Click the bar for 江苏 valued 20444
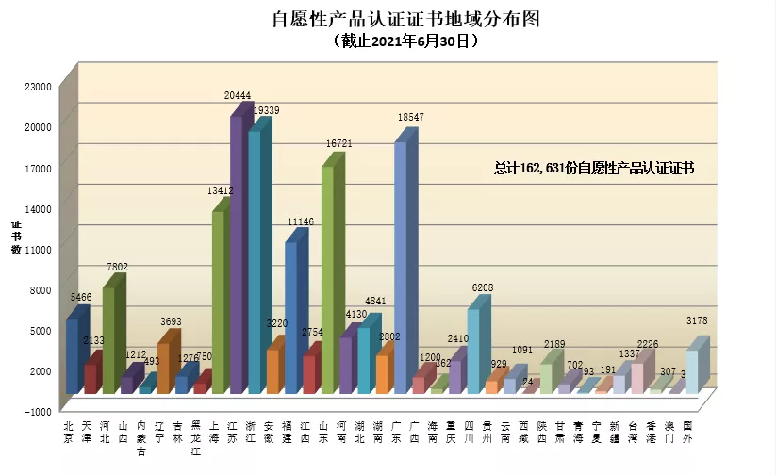237,254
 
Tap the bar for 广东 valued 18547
401,269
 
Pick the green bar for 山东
328,279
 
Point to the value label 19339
265,110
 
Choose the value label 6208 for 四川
481,288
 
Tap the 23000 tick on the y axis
38,86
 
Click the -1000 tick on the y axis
38,411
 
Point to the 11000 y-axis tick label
38,249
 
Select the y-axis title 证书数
16,237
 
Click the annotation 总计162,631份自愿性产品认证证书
594,168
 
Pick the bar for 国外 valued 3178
692,370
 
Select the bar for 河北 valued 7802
108,339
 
